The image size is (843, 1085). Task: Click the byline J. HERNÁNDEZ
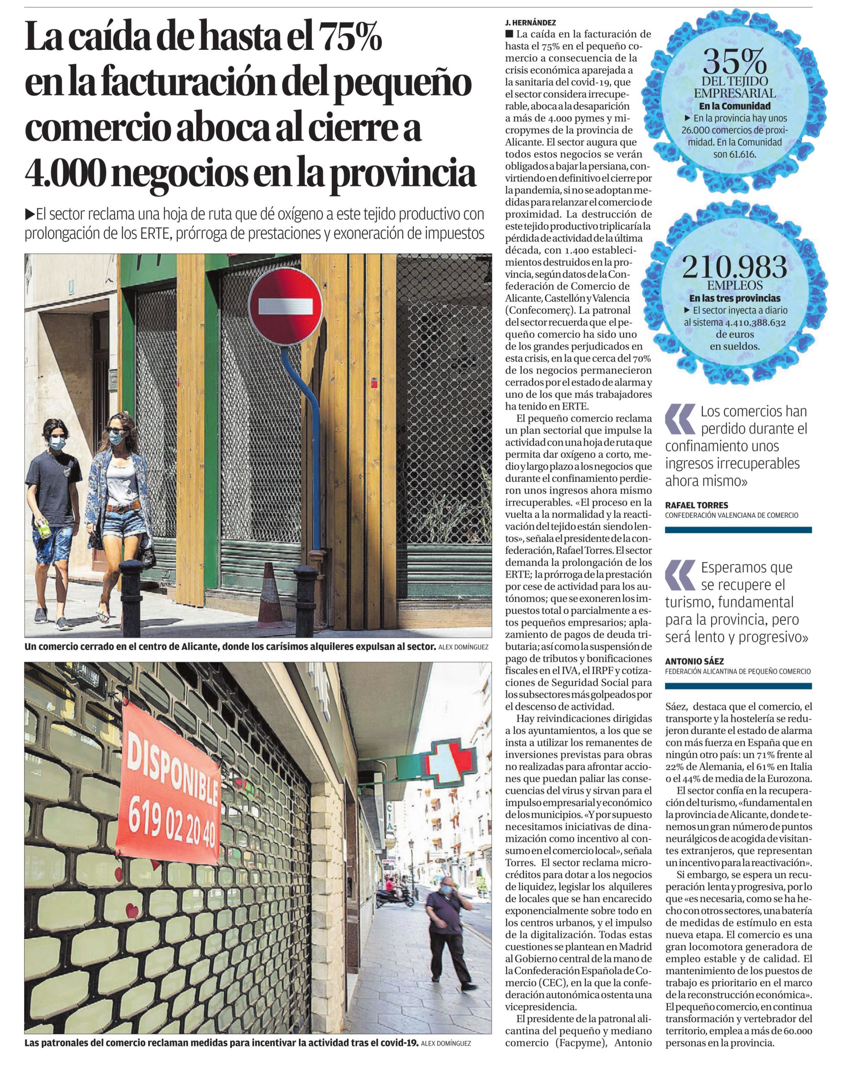(x=530, y=22)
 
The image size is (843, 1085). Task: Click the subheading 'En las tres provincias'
(x=734, y=299)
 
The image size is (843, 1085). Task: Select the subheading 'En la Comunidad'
(x=734, y=106)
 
